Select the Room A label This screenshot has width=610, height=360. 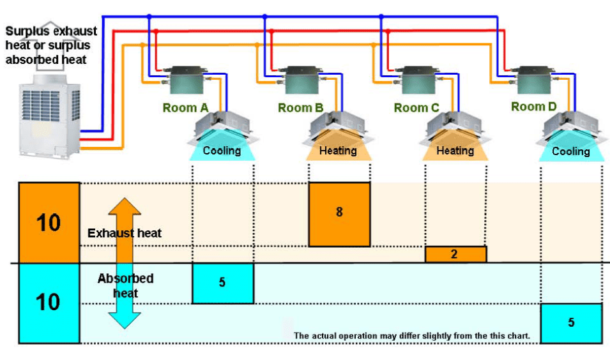tap(185, 108)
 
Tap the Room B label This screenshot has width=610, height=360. tap(301, 108)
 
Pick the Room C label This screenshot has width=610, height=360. tap(416, 108)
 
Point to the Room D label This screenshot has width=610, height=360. tap(533, 107)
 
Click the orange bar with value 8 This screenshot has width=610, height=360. tap(339, 214)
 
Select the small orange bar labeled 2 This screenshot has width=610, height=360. tap(455, 254)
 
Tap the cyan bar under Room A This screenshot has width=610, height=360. tap(223, 283)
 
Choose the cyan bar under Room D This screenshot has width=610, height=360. tap(571, 322)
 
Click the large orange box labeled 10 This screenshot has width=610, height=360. tap(49, 223)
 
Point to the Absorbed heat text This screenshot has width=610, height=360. tap(125, 285)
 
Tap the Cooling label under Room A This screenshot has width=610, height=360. tap(222, 151)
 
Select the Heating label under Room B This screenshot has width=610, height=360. tap(338, 151)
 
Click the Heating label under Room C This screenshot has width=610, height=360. tap(455, 151)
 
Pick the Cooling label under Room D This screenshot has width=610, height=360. tap(570, 151)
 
